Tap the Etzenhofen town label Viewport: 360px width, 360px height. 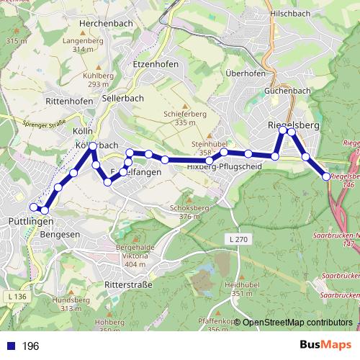pos(156,64)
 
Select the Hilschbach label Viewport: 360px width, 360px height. pos(291,13)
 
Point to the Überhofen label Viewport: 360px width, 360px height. pos(245,73)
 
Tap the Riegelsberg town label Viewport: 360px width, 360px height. pos(293,125)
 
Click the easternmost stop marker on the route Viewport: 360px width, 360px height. pos(326,176)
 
